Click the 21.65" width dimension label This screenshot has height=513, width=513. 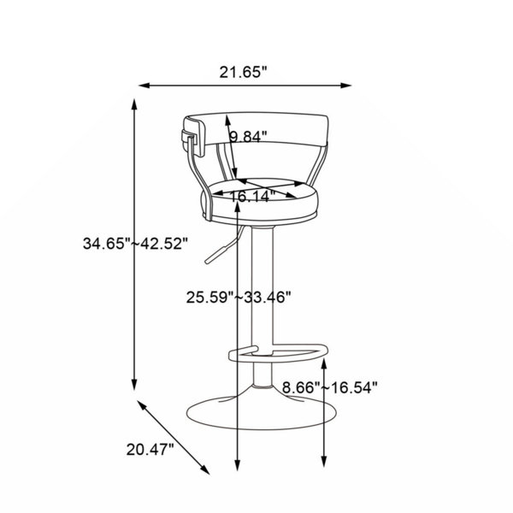(244, 72)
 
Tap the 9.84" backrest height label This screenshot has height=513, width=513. (248, 137)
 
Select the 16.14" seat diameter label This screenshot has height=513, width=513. (251, 197)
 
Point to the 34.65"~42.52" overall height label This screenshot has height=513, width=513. (135, 244)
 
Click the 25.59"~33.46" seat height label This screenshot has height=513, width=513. (239, 298)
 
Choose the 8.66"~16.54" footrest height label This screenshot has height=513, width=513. (330, 387)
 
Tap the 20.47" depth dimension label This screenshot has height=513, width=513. (150, 449)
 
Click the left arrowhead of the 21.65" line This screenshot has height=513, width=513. (144, 85)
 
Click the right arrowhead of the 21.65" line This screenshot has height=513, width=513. (346, 85)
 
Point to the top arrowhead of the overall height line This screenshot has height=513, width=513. (134, 104)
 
